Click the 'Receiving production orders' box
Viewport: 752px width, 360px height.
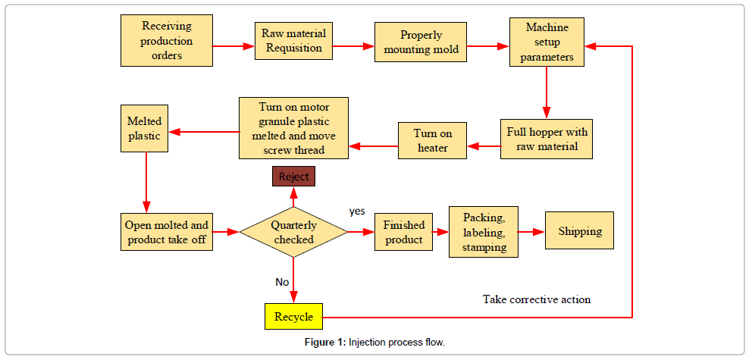(x=166, y=41)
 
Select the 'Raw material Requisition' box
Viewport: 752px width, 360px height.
(x=293, y=41)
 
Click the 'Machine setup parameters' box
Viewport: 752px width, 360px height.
(x=547, y=42)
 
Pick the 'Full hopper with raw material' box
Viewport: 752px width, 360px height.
(x=547, y=138)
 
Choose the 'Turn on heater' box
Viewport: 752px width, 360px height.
(x=433, y=140)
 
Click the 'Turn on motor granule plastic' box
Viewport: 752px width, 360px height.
(x=293, y=127)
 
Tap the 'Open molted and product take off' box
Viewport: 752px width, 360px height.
(x=167, y=233)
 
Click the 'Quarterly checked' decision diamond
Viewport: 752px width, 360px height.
(x=293, y=232)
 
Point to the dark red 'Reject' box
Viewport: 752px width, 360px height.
(x=293, y=177)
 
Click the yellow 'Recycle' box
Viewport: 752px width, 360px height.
(x=293, y=316)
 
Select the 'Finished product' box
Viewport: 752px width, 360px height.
(x=403, y=233)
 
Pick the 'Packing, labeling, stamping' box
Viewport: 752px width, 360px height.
(x=484, y=231)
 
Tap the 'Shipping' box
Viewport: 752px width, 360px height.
(x=579, y=232)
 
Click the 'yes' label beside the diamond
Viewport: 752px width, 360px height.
(x=357, y=210)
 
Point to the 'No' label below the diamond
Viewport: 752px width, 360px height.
(x=282, y=282)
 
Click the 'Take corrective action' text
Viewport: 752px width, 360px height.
(x=537, y=299)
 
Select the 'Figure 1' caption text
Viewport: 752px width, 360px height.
(x=375, y=343)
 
